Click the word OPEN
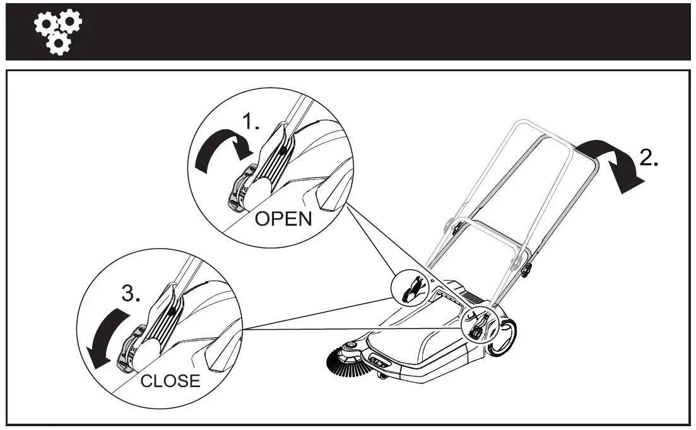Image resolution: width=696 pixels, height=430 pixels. tap(283, 219)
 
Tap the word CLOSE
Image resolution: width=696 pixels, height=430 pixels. tap(170, 381)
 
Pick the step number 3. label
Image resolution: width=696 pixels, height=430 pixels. tap(131, 294)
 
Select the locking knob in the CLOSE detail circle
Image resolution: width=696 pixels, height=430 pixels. tap(129, 353)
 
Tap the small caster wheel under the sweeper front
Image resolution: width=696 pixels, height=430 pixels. tap(383, 376)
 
